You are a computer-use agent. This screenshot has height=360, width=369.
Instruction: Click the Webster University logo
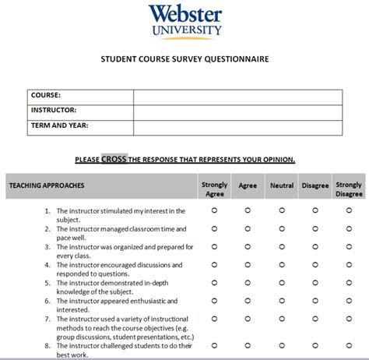(x=184, y=21)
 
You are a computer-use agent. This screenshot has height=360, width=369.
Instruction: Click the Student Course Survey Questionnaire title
(x=184, y=59)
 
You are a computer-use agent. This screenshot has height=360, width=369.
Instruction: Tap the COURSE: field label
(x=46, y=95)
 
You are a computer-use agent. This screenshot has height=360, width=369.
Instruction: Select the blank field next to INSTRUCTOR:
(x=237, y=111)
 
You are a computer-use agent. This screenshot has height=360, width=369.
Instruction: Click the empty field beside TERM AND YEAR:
(x=237, y=126)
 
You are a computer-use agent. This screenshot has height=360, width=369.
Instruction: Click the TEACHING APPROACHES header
(x=47, y=185)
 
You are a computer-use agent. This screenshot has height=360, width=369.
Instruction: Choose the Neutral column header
(x=282, y=185)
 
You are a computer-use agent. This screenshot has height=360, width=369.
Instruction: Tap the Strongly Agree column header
(x=215, y=189)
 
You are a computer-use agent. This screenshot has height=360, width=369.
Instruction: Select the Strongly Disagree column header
(x=349, y=189)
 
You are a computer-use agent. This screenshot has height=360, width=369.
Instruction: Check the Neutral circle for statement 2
(x=282, y=228)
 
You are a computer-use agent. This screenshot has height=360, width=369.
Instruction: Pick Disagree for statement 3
(x=315, y=247)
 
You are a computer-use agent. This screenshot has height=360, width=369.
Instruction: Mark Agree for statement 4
(x=248, y=265)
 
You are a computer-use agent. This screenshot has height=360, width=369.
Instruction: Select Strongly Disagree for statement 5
(x=349, y=283)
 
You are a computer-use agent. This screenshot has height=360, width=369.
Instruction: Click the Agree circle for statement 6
(x=248, y=301)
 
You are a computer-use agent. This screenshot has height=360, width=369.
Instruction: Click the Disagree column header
(x=315, y=185)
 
